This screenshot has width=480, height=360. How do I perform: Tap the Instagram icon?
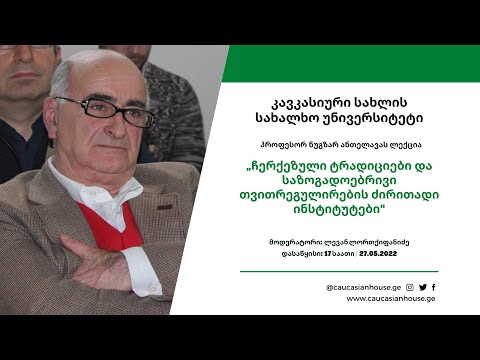point(410,287)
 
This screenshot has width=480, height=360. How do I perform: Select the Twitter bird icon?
point(422,287)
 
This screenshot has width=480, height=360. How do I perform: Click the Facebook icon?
point(433,287)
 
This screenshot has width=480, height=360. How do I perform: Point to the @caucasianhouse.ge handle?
point(364,287)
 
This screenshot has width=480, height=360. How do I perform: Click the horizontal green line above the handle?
point(353,272)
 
